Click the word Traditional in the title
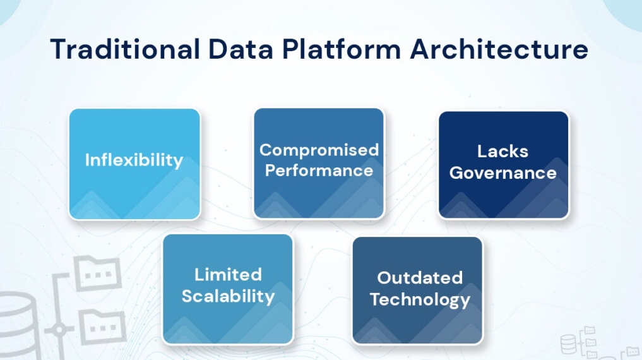pos(124,49)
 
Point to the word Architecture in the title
pos(499,49)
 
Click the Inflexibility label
pos(134,160)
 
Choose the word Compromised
pos(319,150)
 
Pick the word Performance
pos(319,171)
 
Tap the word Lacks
pos(502,152)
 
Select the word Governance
pos(502,173)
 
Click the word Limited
pos(228,275)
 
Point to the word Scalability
pos(228,296)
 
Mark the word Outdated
pos(420,278)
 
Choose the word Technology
pos(420,299)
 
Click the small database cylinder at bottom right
pos(568,345)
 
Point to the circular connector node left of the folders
pos(59,330)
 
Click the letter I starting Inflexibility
pos(87,160)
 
